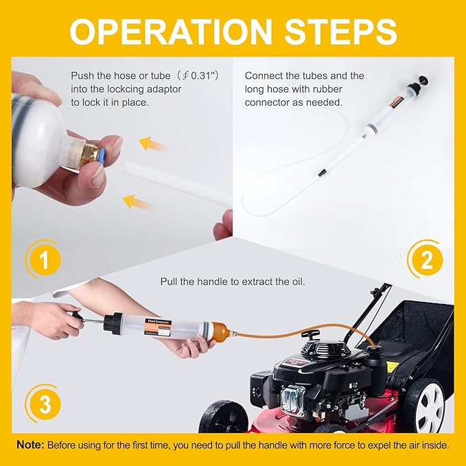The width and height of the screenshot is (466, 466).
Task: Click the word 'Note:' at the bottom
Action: click(30, 445)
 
